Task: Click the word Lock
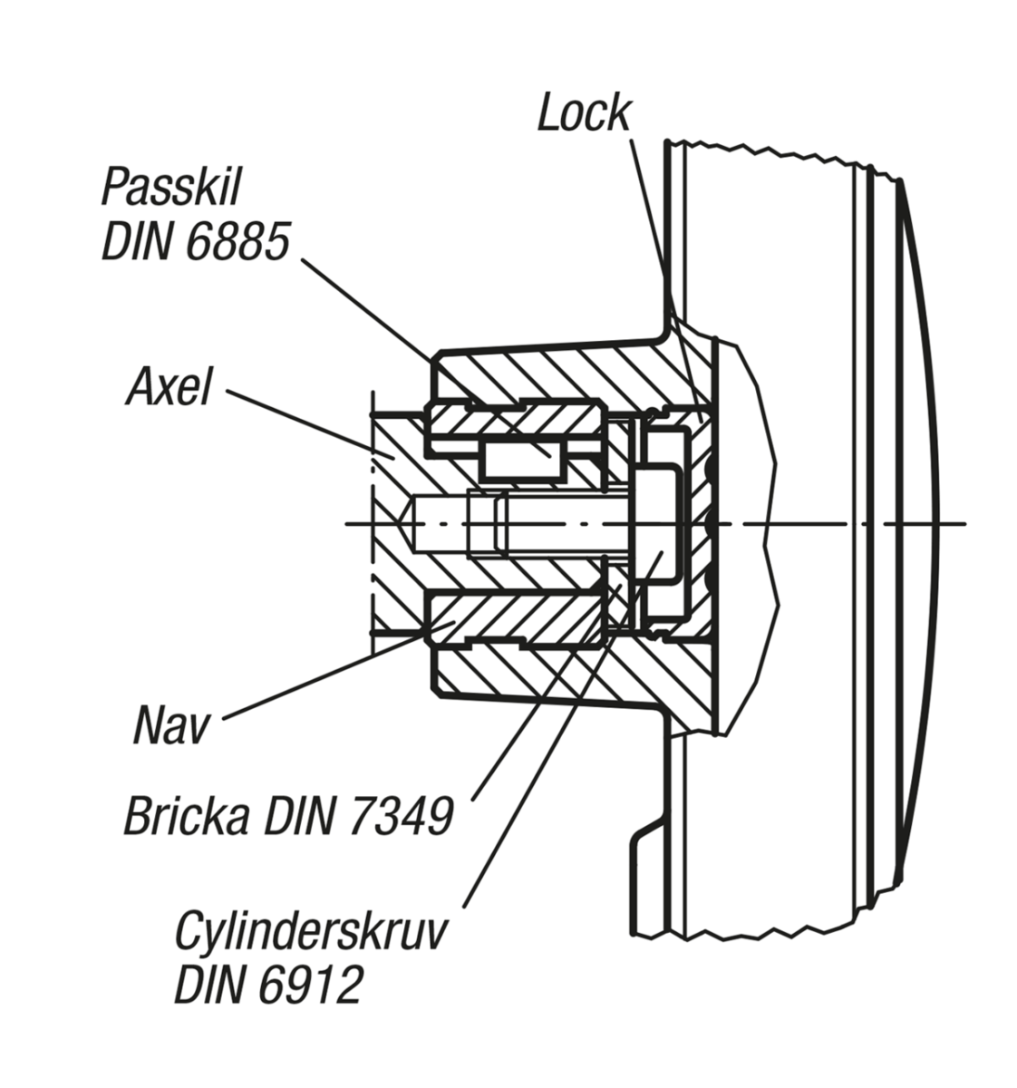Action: (584, 112)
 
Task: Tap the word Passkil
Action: (171, 188)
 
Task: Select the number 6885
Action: (240, 241)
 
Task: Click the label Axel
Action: (169, 387)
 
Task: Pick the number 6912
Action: (310, 984)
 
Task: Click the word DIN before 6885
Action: (142, 241)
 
